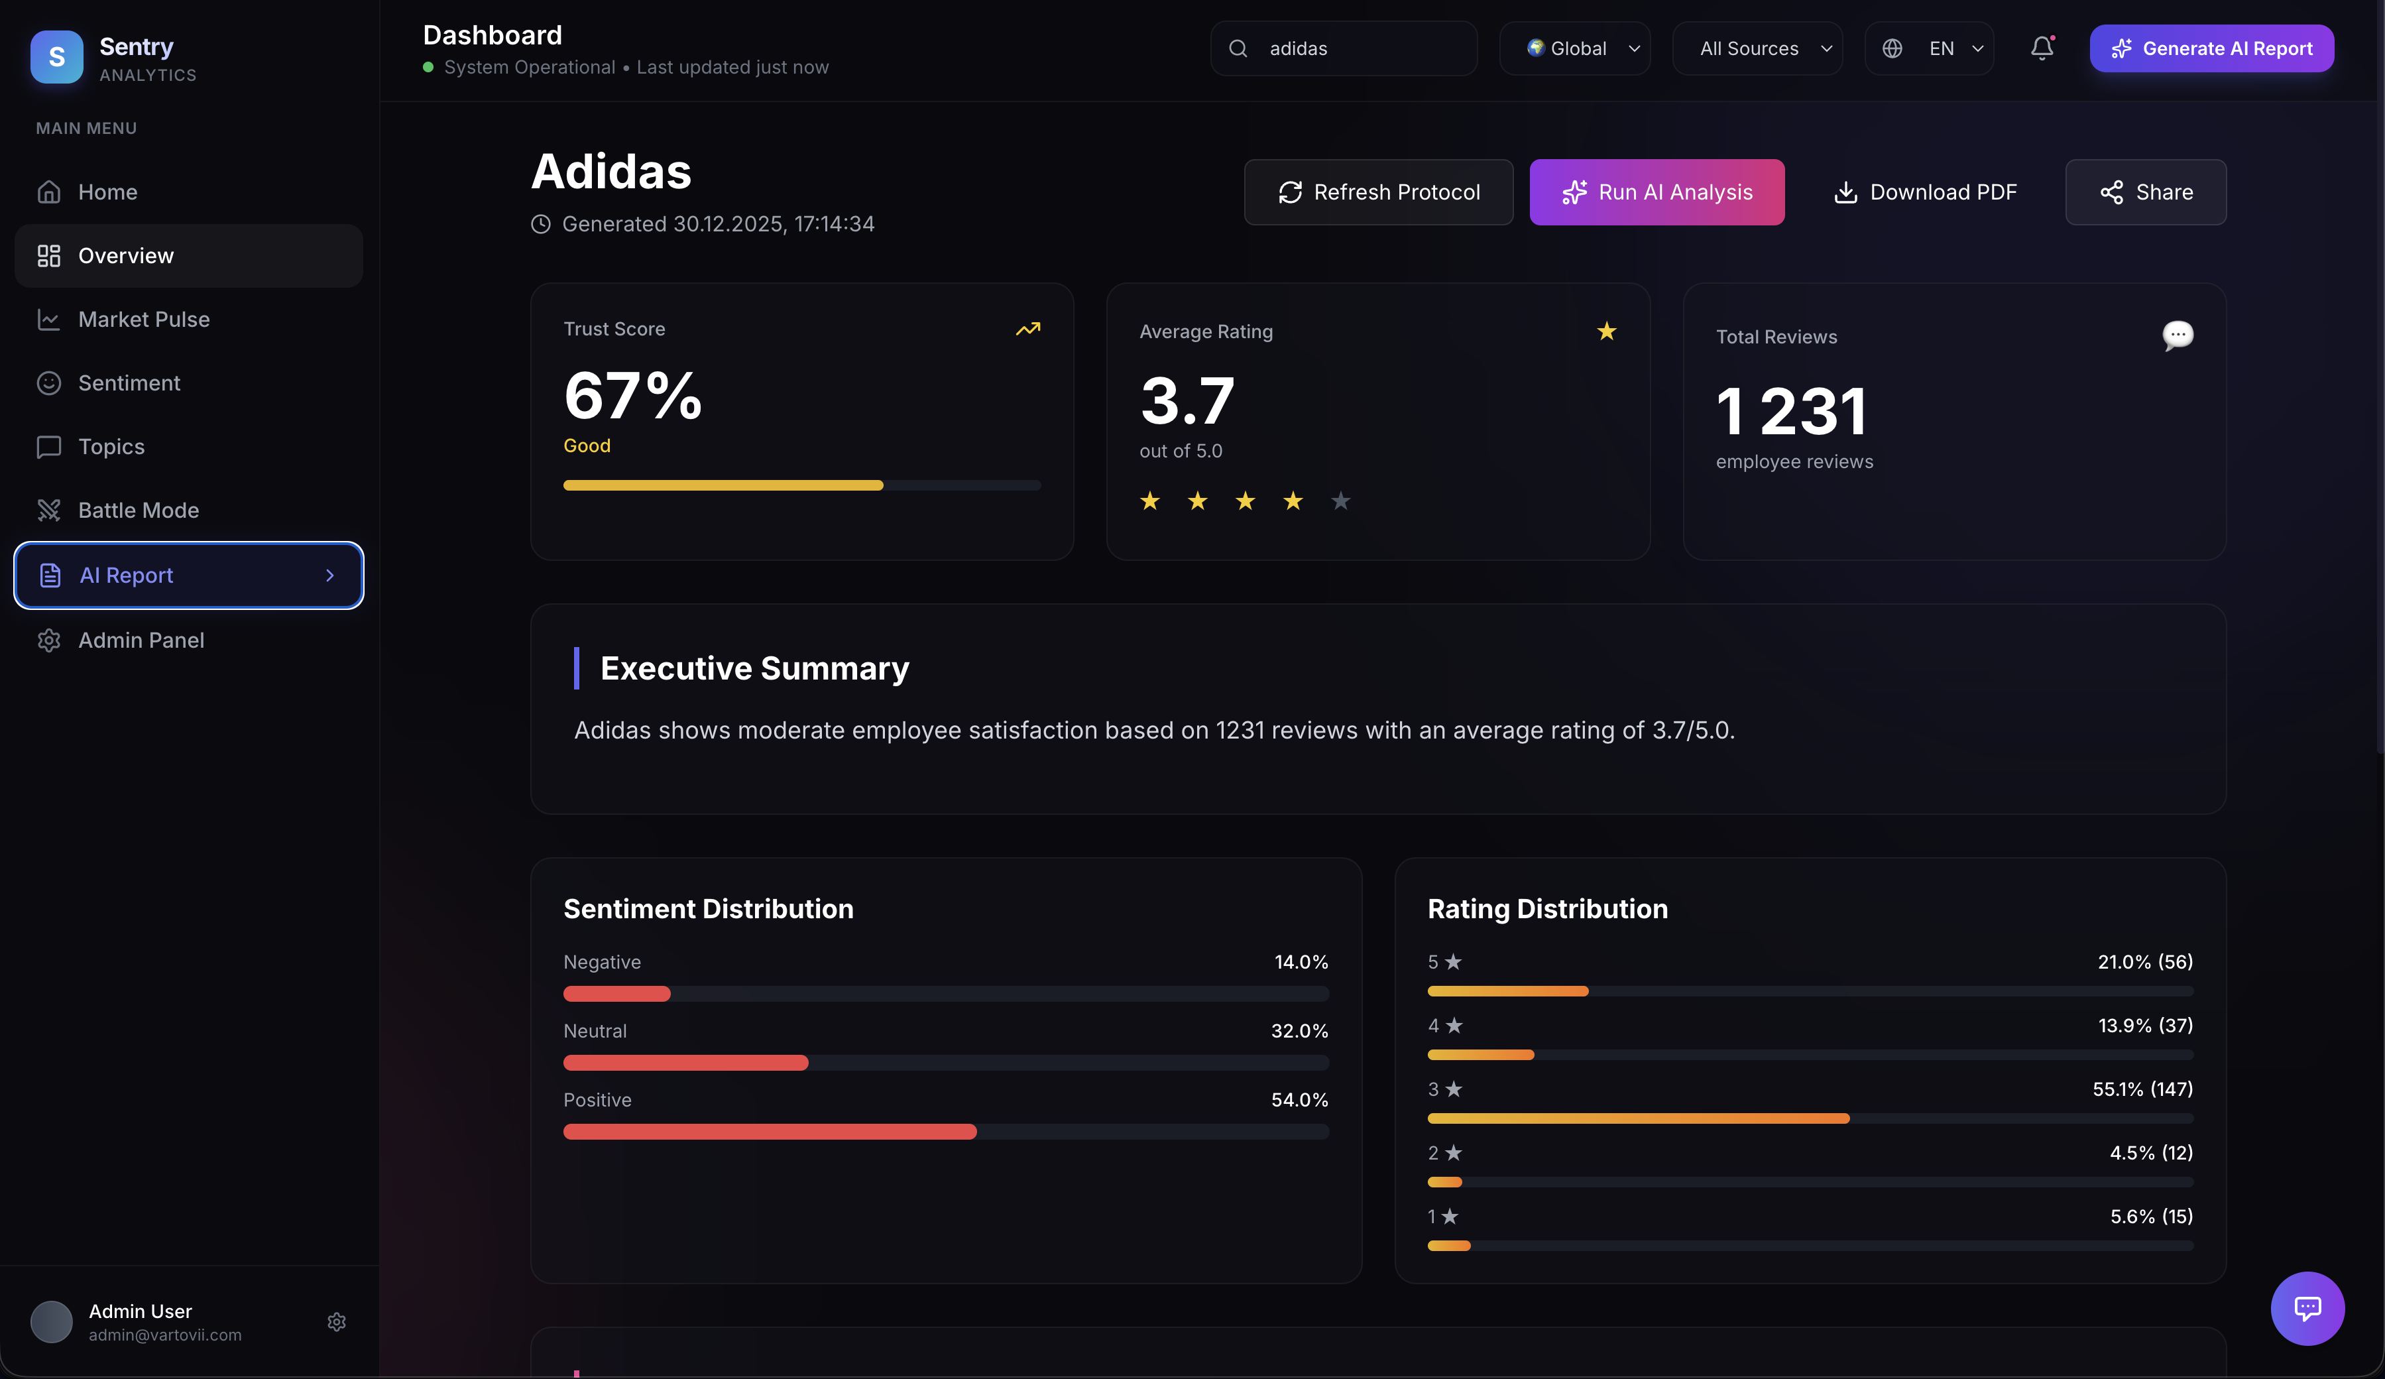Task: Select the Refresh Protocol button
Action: coord(1378,192)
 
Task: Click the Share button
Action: coord(2146,192)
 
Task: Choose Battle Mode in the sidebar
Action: coord(138,510)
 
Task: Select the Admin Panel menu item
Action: coord(141,640)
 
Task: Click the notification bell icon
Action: coord(2042,48)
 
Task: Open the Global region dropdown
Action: coord(1575,48)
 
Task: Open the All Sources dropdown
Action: coord(1757,48)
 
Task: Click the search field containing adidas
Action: coord(1344,48)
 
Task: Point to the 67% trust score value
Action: coord(632,396)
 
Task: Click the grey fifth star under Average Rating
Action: coord(1340,501)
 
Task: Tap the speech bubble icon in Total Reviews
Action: coord(2177,335)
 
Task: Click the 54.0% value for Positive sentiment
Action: coord(1299,1100)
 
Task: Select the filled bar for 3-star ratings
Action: coord(1637,1118)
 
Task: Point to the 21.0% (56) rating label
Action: coord(2144,961)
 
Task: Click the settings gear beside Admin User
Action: coord(336,1322)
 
